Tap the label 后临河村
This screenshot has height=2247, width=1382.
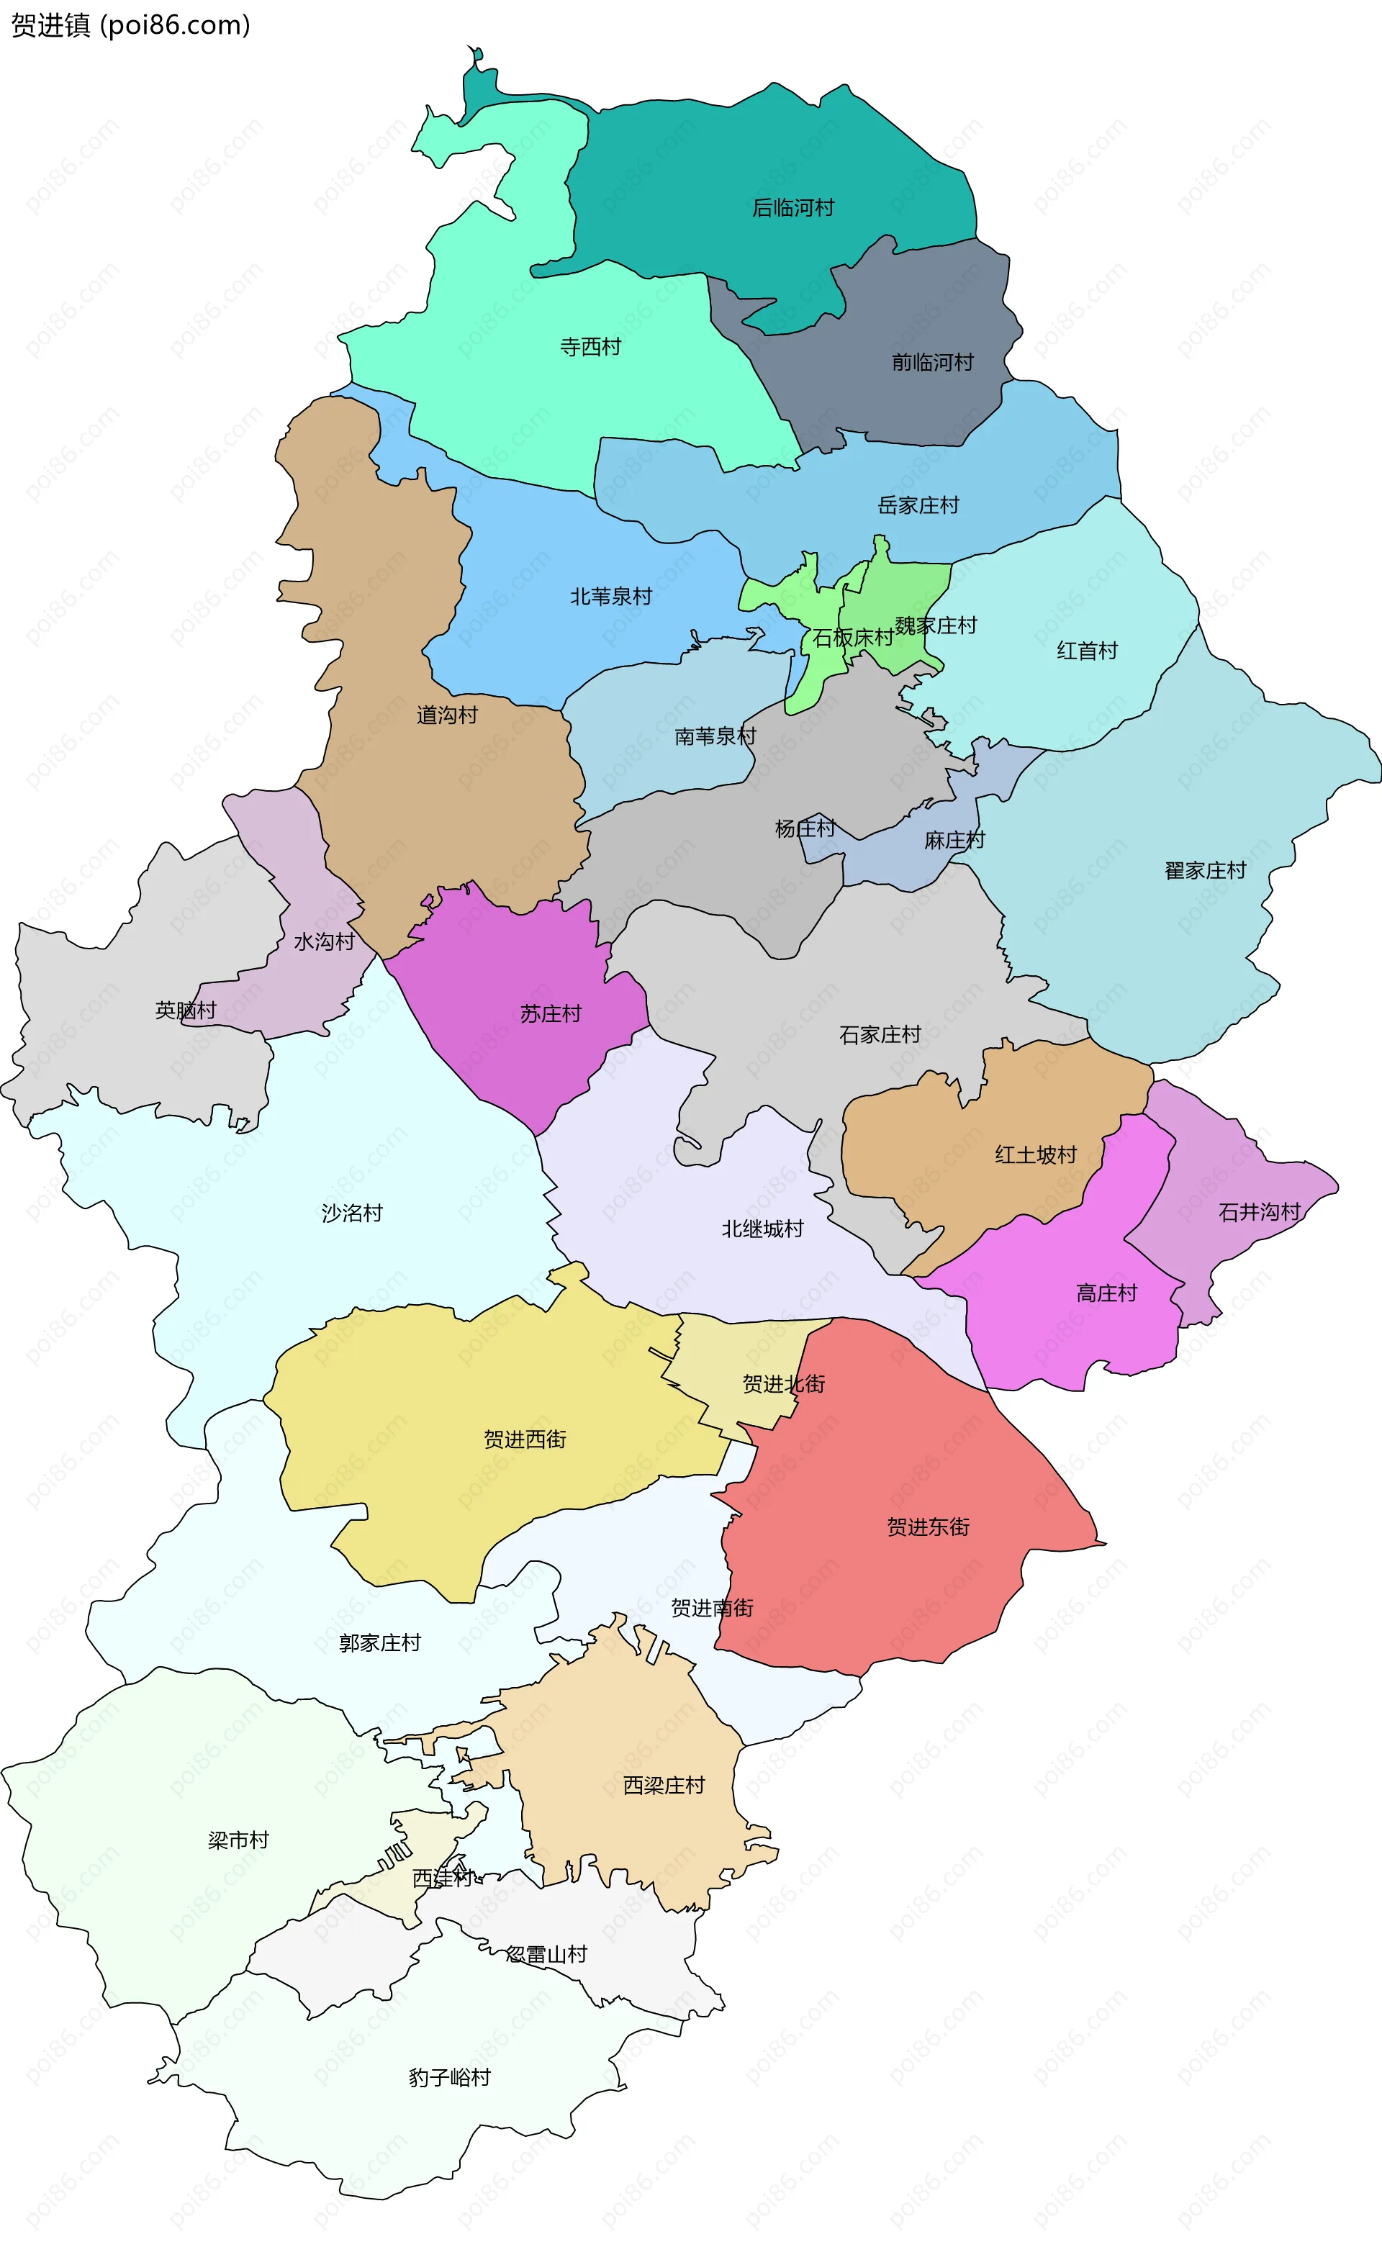[792, 208]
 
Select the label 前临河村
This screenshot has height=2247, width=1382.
[932, 363]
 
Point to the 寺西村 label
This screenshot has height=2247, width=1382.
[590, 347]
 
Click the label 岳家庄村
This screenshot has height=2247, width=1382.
[918, 505]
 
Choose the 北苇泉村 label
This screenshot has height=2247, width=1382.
[610, 597]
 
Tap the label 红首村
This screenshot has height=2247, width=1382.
[1087, 651]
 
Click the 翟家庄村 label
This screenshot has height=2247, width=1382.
[1205, 871]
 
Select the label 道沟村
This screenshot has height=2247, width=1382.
[447, 715]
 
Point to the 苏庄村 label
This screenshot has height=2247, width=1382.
[550, 1013]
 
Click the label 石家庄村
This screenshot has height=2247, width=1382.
[880, 1034]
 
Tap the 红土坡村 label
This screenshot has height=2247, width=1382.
[1036, 1154]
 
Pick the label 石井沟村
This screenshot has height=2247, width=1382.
[1259, 1212]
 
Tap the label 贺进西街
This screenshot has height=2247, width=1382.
[525, 1439]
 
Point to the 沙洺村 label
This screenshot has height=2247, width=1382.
[352, 1213]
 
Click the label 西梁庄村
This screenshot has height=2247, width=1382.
[664, 1785]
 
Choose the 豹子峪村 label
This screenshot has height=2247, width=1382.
[448, 2077]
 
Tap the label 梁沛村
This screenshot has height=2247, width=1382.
[238, 1840]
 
